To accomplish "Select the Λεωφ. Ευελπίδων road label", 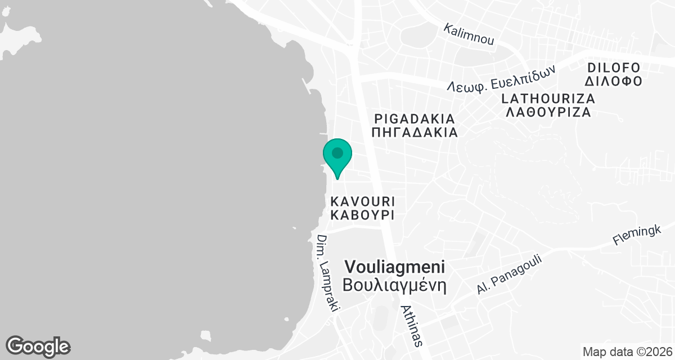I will (501, 78).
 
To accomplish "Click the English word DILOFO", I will (614, 67).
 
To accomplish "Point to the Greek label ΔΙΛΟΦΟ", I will (614, 81).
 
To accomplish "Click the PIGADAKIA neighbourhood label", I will (415, 119).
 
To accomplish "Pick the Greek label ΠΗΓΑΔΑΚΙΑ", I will (415, 133).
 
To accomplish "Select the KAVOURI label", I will (362, 201).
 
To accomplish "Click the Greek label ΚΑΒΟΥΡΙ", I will (362, 215).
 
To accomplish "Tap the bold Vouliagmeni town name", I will (395, 267).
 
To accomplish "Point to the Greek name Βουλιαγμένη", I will (395, 283).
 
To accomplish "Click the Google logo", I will (38, 346).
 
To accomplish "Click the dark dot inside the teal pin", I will (337, 153).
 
